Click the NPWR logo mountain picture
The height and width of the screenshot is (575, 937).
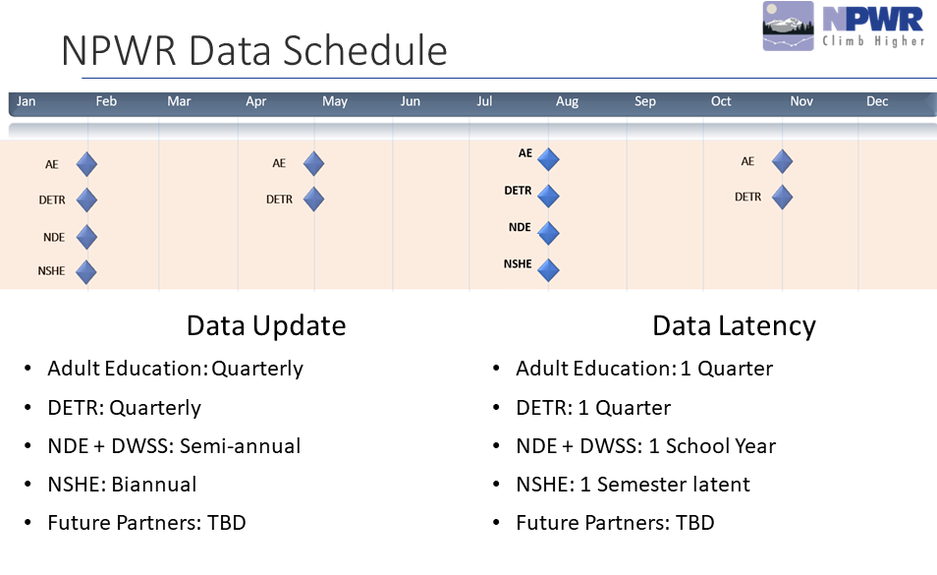point(789,26)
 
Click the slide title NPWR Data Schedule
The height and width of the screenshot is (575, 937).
point(253,51)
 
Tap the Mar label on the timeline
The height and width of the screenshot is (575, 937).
point(179,101)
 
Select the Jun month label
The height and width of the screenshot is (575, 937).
point(410,101)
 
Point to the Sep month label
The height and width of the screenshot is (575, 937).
point(644,101)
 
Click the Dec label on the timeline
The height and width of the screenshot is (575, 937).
point(877,101)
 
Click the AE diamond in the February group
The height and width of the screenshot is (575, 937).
point(86,164)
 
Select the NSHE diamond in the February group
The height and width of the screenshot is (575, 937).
point(86,271)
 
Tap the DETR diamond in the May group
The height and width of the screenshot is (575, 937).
point(313,200)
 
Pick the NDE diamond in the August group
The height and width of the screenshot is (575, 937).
point(548,233)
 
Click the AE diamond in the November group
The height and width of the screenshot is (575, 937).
point(782,161)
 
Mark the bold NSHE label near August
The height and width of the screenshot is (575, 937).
point(518,263)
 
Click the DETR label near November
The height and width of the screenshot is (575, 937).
point(747,197)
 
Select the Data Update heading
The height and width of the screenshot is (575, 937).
point(266,325)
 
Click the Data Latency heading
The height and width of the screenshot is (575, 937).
point(734,325)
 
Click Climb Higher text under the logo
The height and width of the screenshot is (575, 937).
point(873,40)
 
